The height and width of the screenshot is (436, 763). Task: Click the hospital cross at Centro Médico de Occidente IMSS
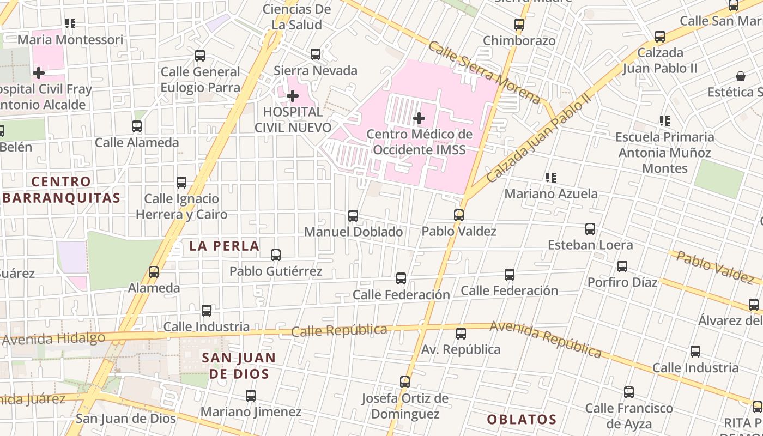coord(419,118)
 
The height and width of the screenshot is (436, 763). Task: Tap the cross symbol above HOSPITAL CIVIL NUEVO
coord(293,96)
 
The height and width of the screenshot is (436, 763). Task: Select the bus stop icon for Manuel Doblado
coord(353,216)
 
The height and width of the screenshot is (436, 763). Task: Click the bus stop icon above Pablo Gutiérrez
coord(276,255)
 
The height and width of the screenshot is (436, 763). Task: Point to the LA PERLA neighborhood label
coord(224,246)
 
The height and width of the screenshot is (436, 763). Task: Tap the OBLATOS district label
coord(522,420)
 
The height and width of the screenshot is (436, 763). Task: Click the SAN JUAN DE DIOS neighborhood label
coord(239,366)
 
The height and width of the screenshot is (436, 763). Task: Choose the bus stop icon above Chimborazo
coord(519,25)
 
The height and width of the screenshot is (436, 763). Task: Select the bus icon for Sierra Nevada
coord(316,55)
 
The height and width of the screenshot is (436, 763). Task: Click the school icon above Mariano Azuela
coord(551,178)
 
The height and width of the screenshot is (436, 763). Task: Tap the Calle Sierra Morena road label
coord(484,71)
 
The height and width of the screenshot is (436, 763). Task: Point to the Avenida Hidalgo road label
coord(53,339)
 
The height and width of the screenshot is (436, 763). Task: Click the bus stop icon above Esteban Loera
coord(590,229)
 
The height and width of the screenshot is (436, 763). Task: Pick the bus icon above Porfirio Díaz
coord(622,267)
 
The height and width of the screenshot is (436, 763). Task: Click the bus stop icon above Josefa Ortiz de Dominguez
coord(405,382)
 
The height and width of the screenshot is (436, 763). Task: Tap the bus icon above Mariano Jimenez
coord(251,396)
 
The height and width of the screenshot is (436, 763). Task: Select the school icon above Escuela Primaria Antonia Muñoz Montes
coord(664,120)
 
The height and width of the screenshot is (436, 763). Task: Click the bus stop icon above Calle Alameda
coord(137,126)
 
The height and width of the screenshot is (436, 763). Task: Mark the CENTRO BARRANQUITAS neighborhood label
coord(60,190)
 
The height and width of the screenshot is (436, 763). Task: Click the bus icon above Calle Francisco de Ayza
coord(629,392)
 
